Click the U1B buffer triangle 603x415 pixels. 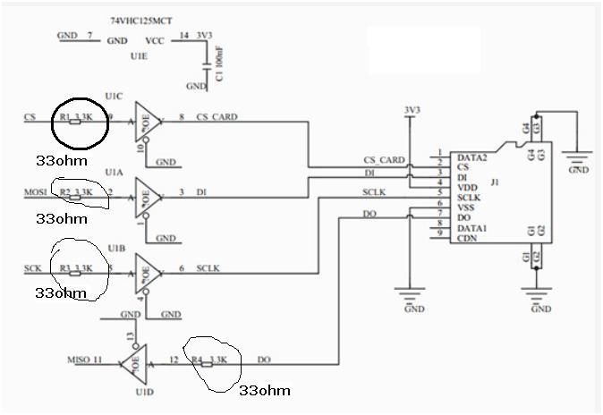(x=148, y=269)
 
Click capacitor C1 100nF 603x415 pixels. (x=209, y=65)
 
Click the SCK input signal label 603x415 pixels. (x=33, y=268)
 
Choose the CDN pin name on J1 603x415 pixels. (x=465, y=238)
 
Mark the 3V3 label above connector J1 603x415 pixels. (x=412, y=111)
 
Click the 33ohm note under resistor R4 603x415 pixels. (x=264, y=390)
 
